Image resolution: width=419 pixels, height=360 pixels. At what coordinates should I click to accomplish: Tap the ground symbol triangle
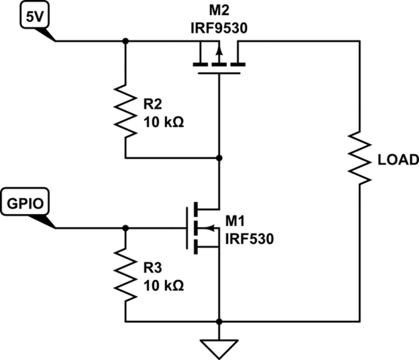[x=219, y=347]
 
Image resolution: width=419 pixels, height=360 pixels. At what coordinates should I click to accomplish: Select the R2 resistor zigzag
[x=125, y=111]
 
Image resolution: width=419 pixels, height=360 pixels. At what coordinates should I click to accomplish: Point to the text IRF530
[x=250, y=239]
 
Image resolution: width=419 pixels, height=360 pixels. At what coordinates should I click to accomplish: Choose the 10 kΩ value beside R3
[x=164, y=284]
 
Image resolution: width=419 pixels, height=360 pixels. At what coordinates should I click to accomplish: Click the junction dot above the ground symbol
[x=219, y=321]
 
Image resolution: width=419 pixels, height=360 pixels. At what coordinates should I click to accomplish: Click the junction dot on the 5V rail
[x=125, y=41]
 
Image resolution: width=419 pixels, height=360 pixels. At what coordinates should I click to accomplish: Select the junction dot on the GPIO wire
[x=125, y=228]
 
